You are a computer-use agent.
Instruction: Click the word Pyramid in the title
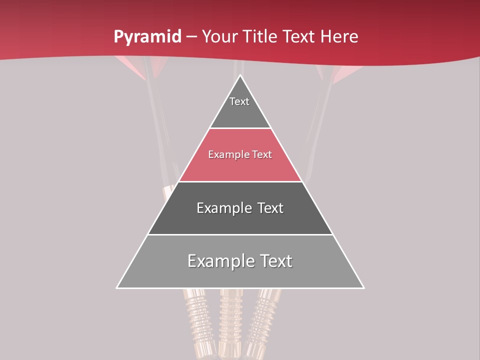[147, 37]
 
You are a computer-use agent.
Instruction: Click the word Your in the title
[219, 37]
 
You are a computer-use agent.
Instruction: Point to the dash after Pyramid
[191, 37]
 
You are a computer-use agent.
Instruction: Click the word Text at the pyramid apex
[239, 101]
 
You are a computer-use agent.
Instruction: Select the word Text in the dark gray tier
[266, 208]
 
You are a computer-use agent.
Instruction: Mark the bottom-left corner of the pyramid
[117, 287]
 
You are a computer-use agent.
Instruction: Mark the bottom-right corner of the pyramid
[363, 287]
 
